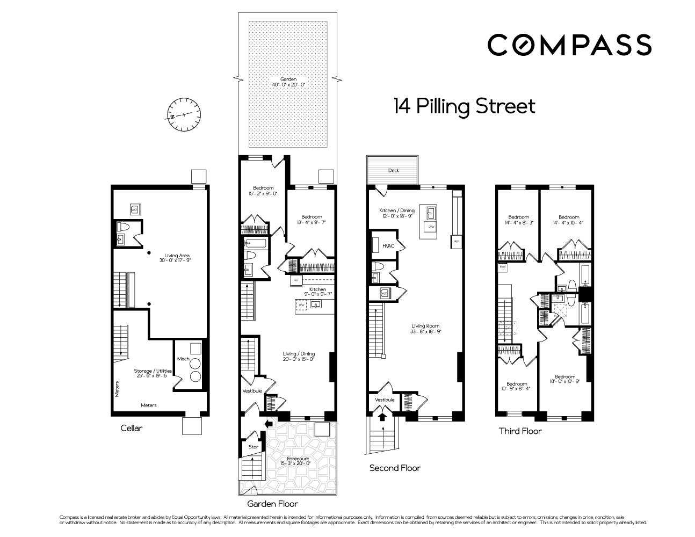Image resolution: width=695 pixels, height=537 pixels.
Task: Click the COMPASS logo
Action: click(569, 45)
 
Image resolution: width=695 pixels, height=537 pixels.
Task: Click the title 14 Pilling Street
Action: click(464, 106)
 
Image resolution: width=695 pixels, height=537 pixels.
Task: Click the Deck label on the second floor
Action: click(393, 171)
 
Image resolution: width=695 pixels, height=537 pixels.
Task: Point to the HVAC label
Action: click(388, 245)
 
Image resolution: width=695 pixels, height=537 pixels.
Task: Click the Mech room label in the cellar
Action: click(183, 359)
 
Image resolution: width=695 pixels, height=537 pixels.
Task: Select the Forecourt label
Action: click(298, 461)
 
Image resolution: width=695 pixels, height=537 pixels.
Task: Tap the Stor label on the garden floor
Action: click(253, 447)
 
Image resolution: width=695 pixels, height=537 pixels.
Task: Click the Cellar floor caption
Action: click(132, 429)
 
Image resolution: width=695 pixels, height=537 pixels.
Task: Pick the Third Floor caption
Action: click(520, 431)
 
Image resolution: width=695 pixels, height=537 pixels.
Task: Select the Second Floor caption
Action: click(395, 468)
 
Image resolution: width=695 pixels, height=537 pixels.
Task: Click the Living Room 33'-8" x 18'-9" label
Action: click(425, 329)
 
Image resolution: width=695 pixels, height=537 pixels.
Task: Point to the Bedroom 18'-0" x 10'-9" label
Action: click(565, 380)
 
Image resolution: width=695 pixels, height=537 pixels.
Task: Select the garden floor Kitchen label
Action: click(317, 292)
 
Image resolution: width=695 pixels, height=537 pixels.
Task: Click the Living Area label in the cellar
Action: click(175, 258)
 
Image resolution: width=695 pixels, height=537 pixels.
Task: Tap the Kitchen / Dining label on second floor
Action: click(398, 213)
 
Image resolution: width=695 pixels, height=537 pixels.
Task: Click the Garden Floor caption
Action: click(272, 504)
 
